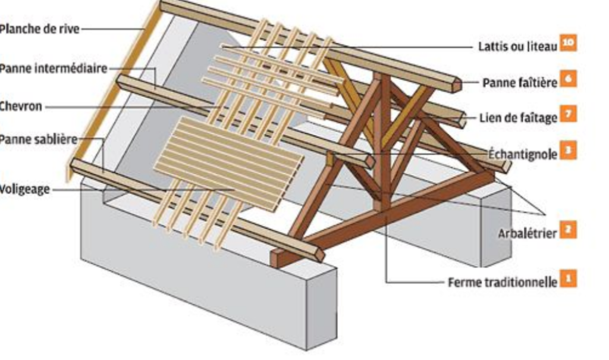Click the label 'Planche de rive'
tap(39, 28)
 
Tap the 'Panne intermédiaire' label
tap(54, 68)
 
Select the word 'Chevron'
tap(21, 107)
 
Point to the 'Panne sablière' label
tap(39, 140)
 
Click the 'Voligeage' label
tap(25, 190)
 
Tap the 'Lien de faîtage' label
tap(518, 117)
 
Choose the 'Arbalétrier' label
tap(527, 233)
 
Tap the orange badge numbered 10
tap(569, 43)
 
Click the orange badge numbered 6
tap(569, 80)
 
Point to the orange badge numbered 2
tap(569, 230)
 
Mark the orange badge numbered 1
tap(569, 278)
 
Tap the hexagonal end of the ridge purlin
tap(456, 84)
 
